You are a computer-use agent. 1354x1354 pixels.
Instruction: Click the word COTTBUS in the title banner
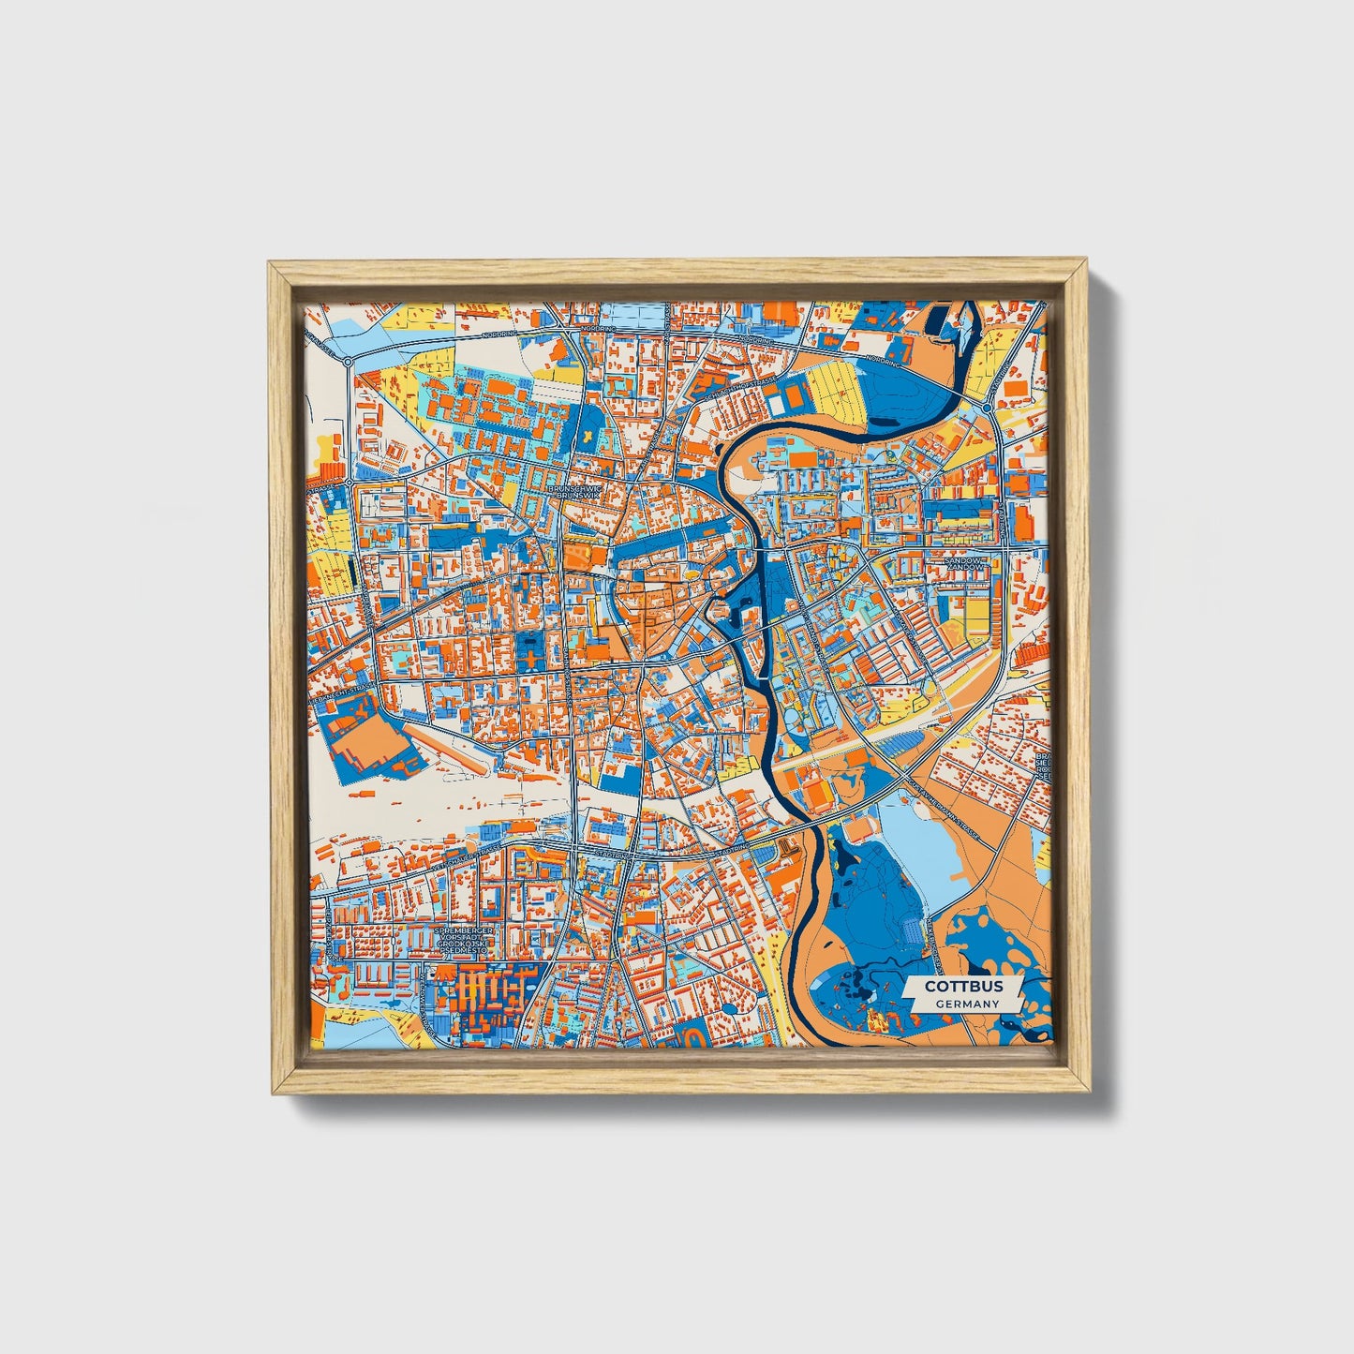click(963, 986)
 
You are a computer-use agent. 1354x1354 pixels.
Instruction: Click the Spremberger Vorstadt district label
click(462, 941)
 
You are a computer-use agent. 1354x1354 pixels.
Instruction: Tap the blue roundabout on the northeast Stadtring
click(989, 409)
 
